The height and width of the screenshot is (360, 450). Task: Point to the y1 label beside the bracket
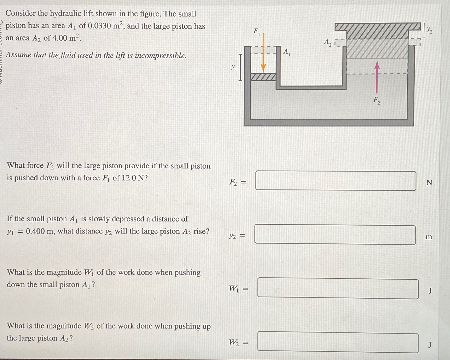pos(233,67)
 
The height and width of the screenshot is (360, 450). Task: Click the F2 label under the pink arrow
pos(377,100)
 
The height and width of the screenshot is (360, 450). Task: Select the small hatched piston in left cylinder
pos(263,77)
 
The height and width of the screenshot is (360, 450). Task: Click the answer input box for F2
pos(336,181)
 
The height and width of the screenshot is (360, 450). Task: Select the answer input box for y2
pos(335,235)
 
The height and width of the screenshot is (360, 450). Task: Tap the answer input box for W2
pos(337,342)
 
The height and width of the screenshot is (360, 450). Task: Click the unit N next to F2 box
pos(429,183)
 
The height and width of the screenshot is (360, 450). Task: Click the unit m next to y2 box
pos(429,237)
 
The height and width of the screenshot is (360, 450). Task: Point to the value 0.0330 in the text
pos(99,26)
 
